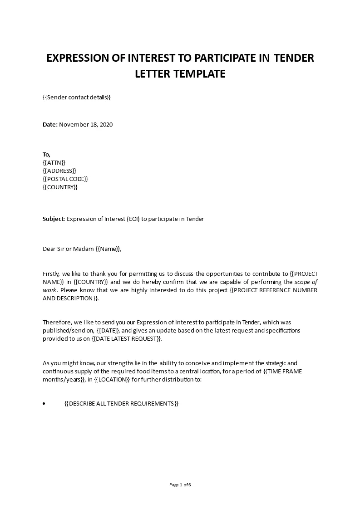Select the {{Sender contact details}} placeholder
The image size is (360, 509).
click(77, 97)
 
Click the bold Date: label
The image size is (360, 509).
click(50, 124)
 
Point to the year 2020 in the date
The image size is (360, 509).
click(105, 124)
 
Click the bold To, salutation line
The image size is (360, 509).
click(47, 154)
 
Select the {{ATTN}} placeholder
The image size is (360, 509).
click(54, 162)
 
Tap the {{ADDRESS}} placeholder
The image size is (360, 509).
click(59, 171)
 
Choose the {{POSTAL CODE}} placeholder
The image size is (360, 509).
click(65, 179)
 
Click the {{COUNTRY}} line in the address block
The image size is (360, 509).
click(60, 187)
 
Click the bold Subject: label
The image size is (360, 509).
click(54, 219)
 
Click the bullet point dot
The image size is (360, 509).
click(44, 403)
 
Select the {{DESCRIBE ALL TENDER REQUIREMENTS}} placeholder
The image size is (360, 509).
click(122, 403)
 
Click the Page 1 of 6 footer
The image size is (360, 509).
click(180, 485)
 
